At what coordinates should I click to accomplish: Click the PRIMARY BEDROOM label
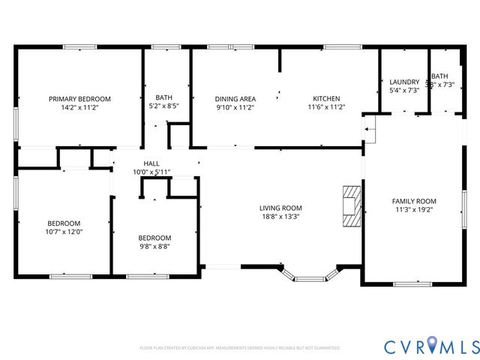point(79,99)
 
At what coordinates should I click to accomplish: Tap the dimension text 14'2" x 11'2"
point(79,108)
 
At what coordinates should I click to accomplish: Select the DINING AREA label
point(235,99)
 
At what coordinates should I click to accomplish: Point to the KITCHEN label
point(326,99)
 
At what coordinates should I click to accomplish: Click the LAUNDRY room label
point(404,82)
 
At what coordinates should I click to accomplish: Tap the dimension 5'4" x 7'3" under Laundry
point(404,90)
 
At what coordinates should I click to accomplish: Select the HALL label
point(151,163)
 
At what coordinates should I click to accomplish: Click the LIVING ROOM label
point(280,208)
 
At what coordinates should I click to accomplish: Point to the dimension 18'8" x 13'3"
point(280,217)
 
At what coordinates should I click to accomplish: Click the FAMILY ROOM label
point(414,201)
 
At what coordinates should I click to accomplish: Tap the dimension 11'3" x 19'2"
point(414,210)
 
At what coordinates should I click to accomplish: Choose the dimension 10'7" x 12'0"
point(64,232)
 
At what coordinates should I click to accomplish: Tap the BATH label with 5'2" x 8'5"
point(163,98)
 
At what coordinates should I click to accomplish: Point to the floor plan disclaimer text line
point(240,348)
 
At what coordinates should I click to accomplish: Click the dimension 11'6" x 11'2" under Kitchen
point(326,108)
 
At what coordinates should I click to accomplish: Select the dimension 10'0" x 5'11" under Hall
point(151,172)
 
